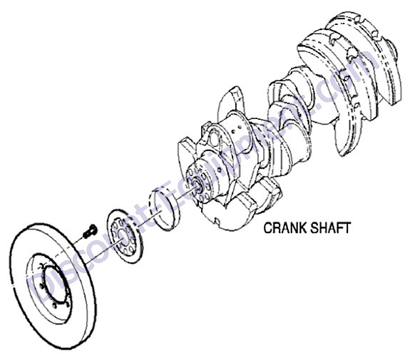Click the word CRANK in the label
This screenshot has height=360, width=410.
(285, 227)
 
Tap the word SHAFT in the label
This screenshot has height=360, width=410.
(330, 227)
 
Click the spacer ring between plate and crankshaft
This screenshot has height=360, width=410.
(164, 208)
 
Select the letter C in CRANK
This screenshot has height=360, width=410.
(268, 227)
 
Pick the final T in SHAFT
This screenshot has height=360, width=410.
(347, 227)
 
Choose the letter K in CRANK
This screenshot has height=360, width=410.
(302, 227)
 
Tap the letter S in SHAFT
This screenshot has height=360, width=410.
(314, 227)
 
